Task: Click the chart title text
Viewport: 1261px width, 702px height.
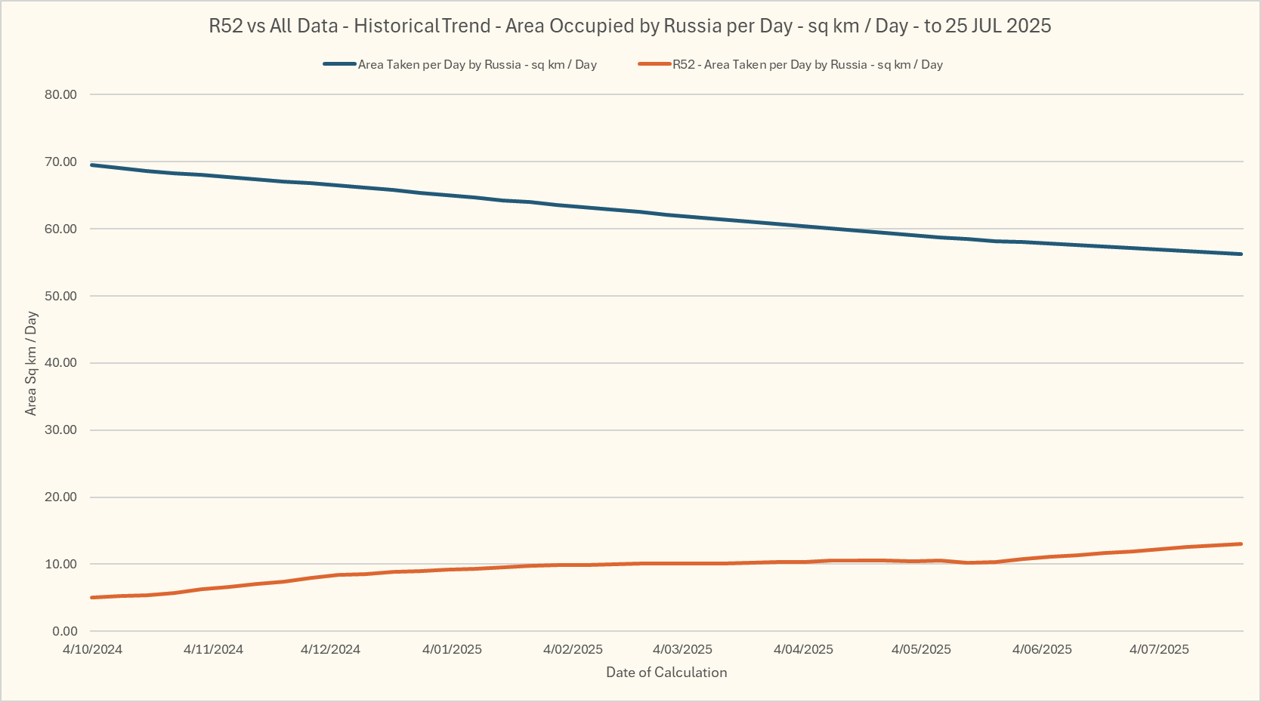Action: click(630, 26)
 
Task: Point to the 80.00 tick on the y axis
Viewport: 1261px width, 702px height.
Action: click(60, 94)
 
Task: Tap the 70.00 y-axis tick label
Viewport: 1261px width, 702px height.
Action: click(60, 162)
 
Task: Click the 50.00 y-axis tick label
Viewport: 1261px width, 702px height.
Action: click(60, 296)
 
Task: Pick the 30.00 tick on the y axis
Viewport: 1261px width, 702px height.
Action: click(60, 430)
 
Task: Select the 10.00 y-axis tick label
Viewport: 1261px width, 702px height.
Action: click(60, 564)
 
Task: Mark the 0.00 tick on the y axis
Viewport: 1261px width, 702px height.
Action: click(65, 631)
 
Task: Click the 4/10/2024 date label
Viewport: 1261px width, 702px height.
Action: click(92, 649)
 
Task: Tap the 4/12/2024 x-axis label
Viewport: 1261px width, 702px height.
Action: click(330, 649)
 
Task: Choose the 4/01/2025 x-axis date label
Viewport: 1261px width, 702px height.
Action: click(452, 649)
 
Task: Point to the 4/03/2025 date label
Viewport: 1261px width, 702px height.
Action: click(682, 649)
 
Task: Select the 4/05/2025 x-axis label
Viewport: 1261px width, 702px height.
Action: click(921, 649)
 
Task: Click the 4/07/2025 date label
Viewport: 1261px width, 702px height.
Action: click(1159, 649)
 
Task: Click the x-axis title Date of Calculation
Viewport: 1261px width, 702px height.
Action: click(666, 673)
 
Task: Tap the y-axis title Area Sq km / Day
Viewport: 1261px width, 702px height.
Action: click(31, 363)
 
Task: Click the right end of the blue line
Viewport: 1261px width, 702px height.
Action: click(1241, 254)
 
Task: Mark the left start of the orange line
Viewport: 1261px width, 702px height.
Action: click(91, 597)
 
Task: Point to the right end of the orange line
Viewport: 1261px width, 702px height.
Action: click(1241, 543)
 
